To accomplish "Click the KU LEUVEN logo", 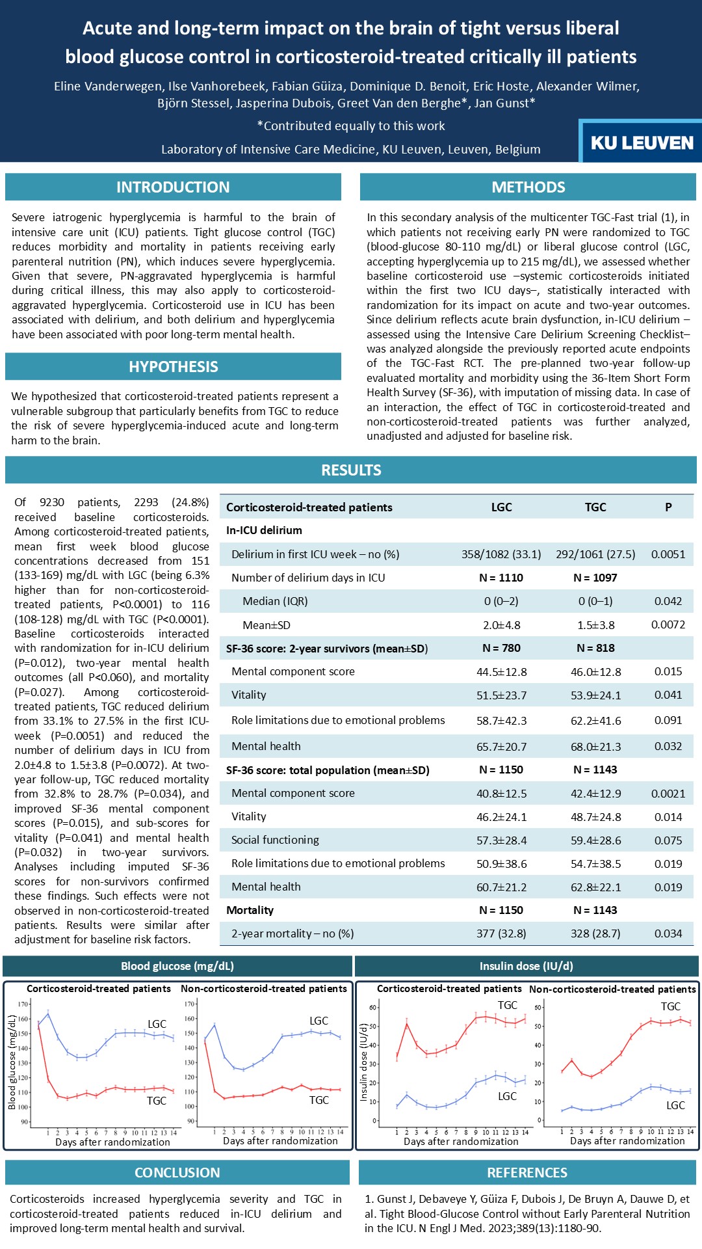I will pyautogui.click(x=642, y=142).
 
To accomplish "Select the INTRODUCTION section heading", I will pyautogui.click(x=173, y=187).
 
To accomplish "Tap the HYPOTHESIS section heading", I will pyautogui.click(x=173, y=367).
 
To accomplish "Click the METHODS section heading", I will pyautogui.click(x=528, y=187).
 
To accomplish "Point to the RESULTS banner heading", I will pyautogui.click(x=351, y=470).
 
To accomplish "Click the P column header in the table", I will pyautogui.click(x=668, y=507).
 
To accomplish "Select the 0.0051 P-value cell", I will pyautogui.click(x=668, y=554).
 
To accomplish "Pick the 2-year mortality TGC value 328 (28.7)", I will pyautogui.click(x=595, y=933).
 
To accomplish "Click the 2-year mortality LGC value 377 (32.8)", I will pyautogui.click(x=501, y=933).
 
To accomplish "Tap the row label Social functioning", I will pyautogui.click(x=275, y=840).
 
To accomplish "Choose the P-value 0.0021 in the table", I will pyautogui.click(x=668, y=793).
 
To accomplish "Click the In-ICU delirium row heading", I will pyautogui.click(x=264, y=530).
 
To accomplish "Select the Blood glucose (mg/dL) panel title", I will pyautogui.click(x=177, y=966).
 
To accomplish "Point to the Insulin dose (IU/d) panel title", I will pyautogui.click(x=526, y=966).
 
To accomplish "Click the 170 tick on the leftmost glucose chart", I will pyautogui.click(x=23, y=1004).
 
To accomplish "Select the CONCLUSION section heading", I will pyautogui.click(x=177, y=1172).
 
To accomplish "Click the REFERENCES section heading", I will pyautogui.click(x=527, y=1172).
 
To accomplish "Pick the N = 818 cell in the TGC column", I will pyautogui.click(x=595, y=648).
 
